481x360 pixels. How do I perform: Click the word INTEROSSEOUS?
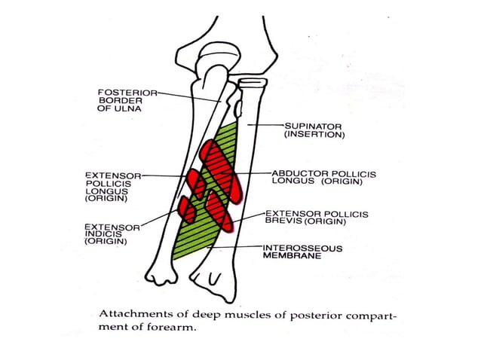(302, 247)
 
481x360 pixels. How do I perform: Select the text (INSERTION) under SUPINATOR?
(314, 135)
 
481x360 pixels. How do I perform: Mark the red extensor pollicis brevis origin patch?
(219, 209)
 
